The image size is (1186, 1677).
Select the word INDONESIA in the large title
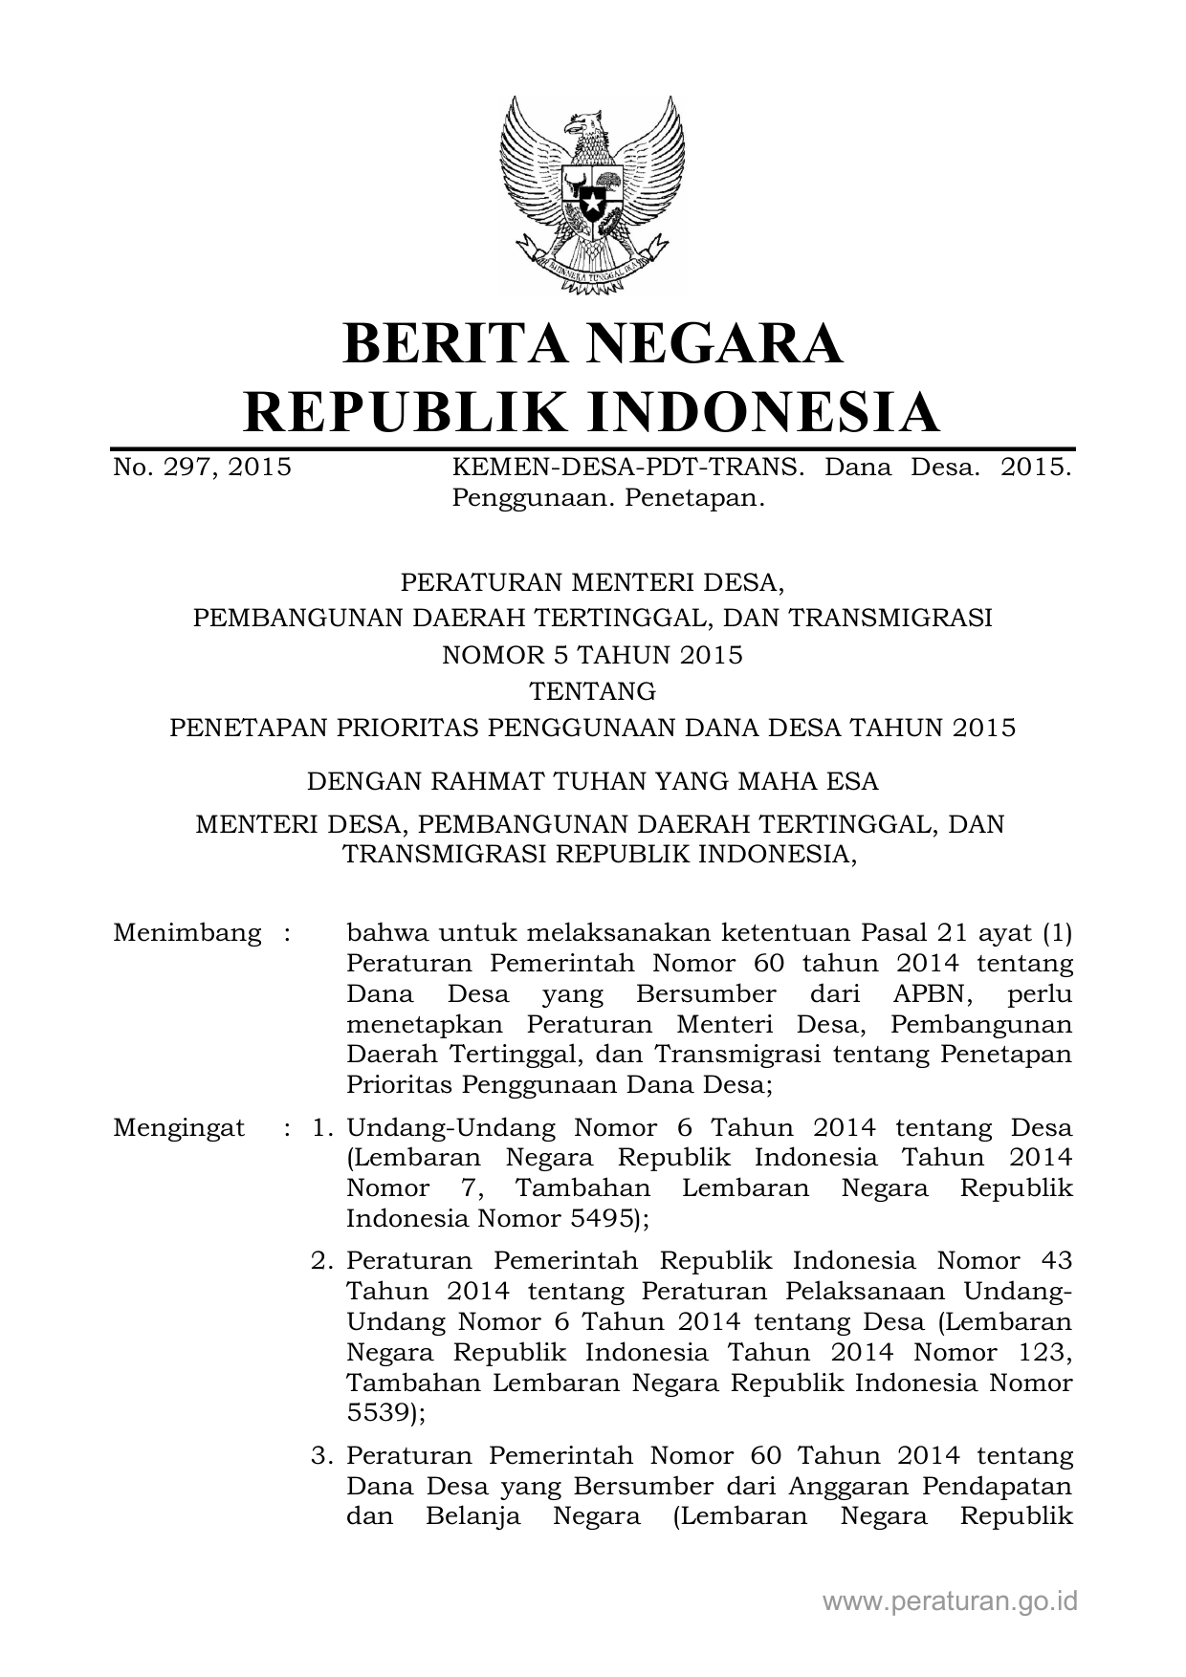coord(761,412)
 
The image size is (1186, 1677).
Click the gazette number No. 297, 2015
coord(203,468)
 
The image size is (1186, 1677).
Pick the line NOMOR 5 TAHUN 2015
coord(592,655)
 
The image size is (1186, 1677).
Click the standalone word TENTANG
coord(592,690)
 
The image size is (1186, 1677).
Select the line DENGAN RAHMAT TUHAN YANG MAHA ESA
coord(592,781)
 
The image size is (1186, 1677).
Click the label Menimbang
coord(187,932)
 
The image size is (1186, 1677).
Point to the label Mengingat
coord(179,1127)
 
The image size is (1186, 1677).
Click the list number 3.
coord(321,1456)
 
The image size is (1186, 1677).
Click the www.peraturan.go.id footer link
coord(950,1601)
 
